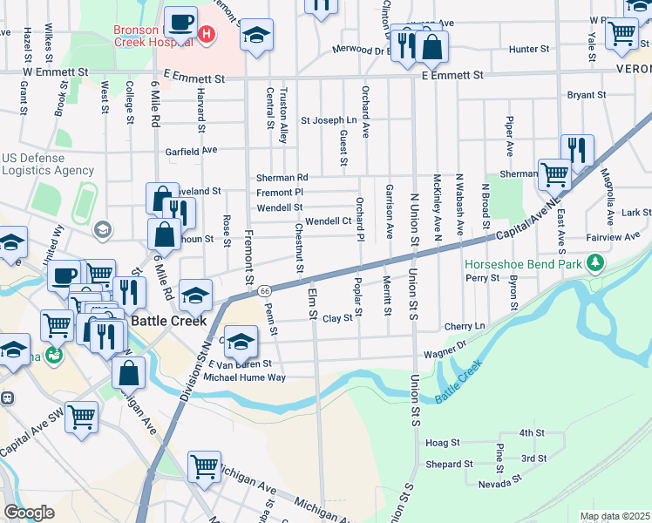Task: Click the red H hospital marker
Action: click(x=207, y=35)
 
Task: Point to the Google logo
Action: click(x=30, y=513)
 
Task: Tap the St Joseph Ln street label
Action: click(x=329, y=120)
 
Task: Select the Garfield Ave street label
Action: click(x=192, y=150)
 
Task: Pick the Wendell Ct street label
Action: click(x=328, y=221)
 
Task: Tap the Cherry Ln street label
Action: click(x=464, y=326)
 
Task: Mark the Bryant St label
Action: click(x=587, y=95)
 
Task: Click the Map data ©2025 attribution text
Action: click(x=614, y=516)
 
